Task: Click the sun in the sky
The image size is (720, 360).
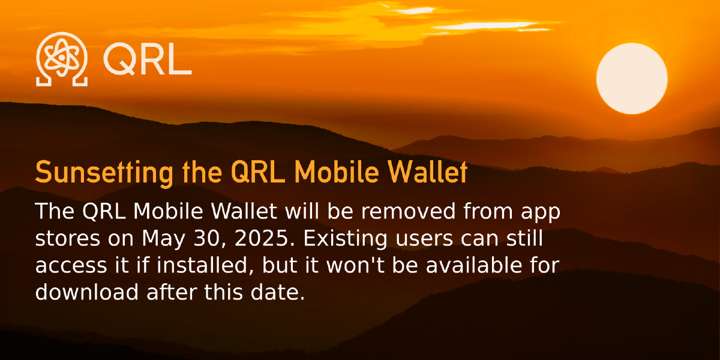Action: (632, 78)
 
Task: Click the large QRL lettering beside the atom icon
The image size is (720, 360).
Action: (147, 59)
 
